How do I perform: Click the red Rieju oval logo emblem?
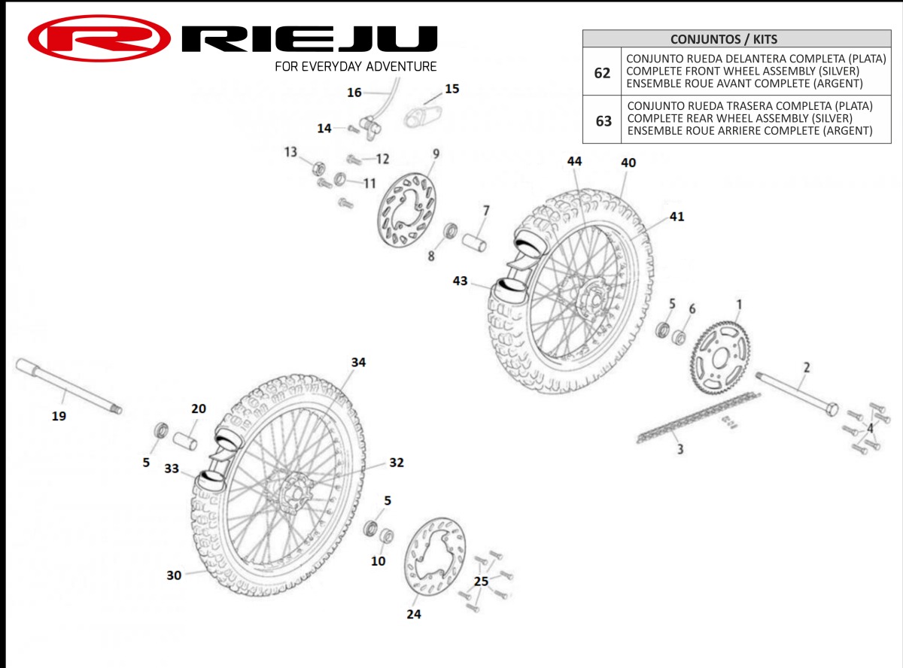coord(99,38)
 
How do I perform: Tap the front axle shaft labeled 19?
coord(68,386)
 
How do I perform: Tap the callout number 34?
coord(358,363)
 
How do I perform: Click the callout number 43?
coord(460,281)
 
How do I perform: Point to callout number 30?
coord(174,575)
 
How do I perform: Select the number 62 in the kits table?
coord(602,73)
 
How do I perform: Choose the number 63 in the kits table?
coord(603,120)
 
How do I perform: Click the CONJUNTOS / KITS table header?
coord(736,39)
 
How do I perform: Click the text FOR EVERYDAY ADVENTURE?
coord(355,66)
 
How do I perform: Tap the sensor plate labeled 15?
coord(423,115)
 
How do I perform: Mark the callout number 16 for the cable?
coord(354,93)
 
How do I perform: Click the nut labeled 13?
coord(318,168)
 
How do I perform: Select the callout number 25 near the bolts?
coord(481,581)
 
